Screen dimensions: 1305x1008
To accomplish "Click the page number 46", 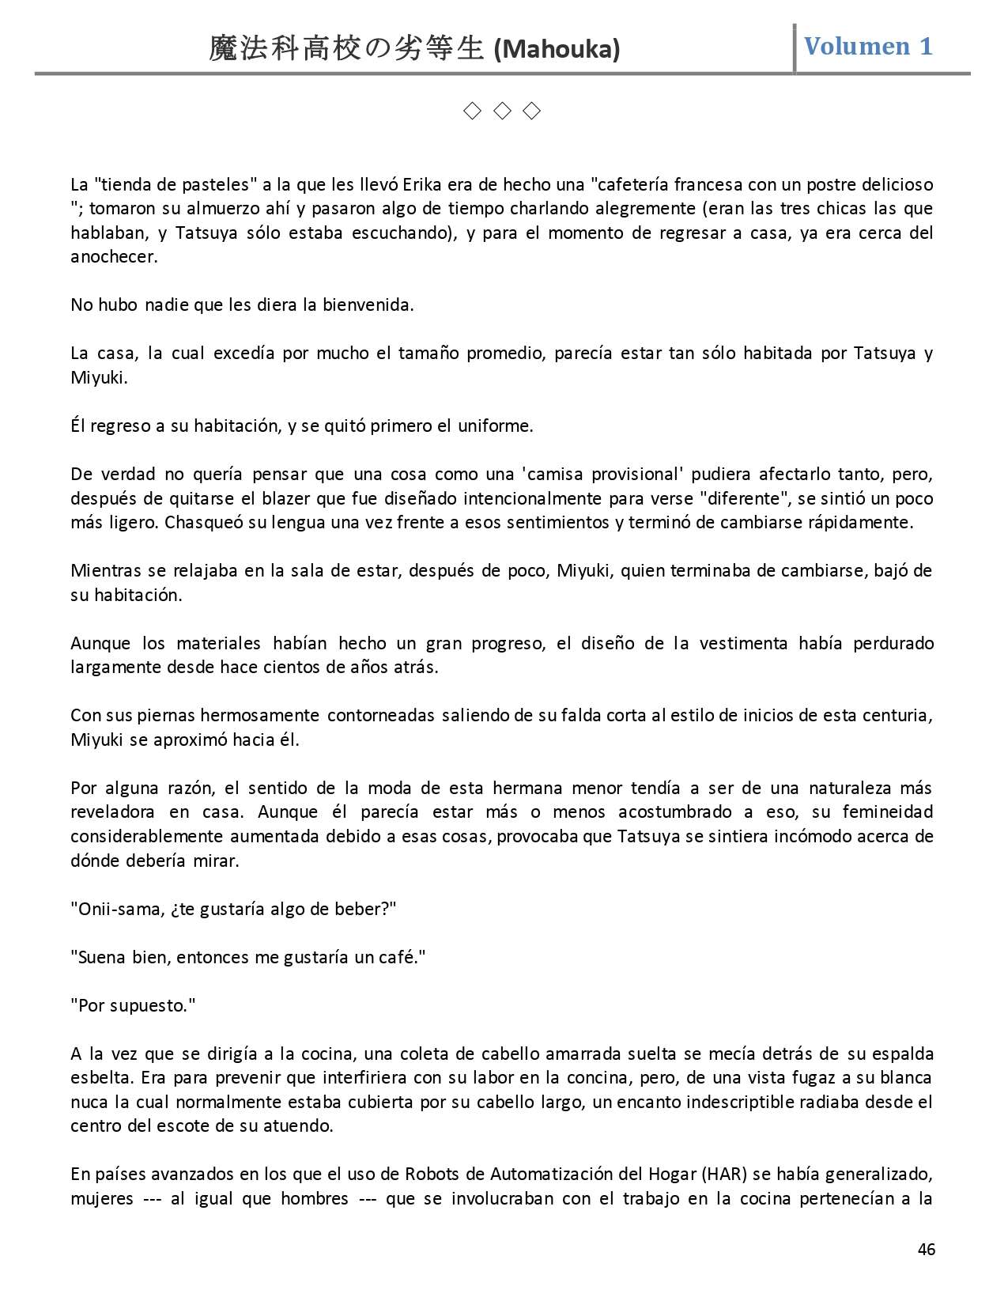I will click(x=927, y=1249).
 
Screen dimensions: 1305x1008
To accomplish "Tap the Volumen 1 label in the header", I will click(x=868, y=47).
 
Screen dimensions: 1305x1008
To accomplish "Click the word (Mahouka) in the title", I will click(x=557, y=50).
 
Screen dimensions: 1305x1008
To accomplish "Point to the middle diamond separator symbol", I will click(x=502, y=112).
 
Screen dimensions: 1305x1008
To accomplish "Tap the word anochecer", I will click(x=114, y=257).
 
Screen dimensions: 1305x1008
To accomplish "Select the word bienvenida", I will click(x=368, y=305).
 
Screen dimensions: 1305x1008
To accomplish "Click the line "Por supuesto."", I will click(x=133, y=1006).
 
